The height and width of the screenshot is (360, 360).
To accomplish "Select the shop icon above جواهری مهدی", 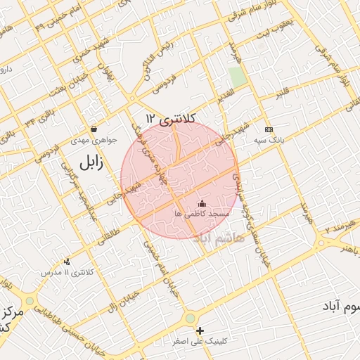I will pyautogui.click(x=94, y=129).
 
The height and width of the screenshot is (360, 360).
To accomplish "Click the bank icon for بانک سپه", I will pyautogui.click(x=269, y=129).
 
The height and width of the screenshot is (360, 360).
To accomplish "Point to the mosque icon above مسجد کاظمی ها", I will pyautogui.click(x=202, y=203).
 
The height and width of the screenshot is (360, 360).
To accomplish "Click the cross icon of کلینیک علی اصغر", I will pyautogui.click(x=200, y=330).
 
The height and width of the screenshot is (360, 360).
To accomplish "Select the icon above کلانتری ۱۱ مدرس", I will pyautogui.click(x=67, y=262).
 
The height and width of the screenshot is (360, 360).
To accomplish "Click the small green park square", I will pyautogui.click(x=238, y=77).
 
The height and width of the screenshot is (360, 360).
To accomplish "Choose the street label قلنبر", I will pyautogui.click(x=282, y=92).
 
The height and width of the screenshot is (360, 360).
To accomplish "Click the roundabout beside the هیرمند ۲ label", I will pyautogui.click(x=322, y=243).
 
